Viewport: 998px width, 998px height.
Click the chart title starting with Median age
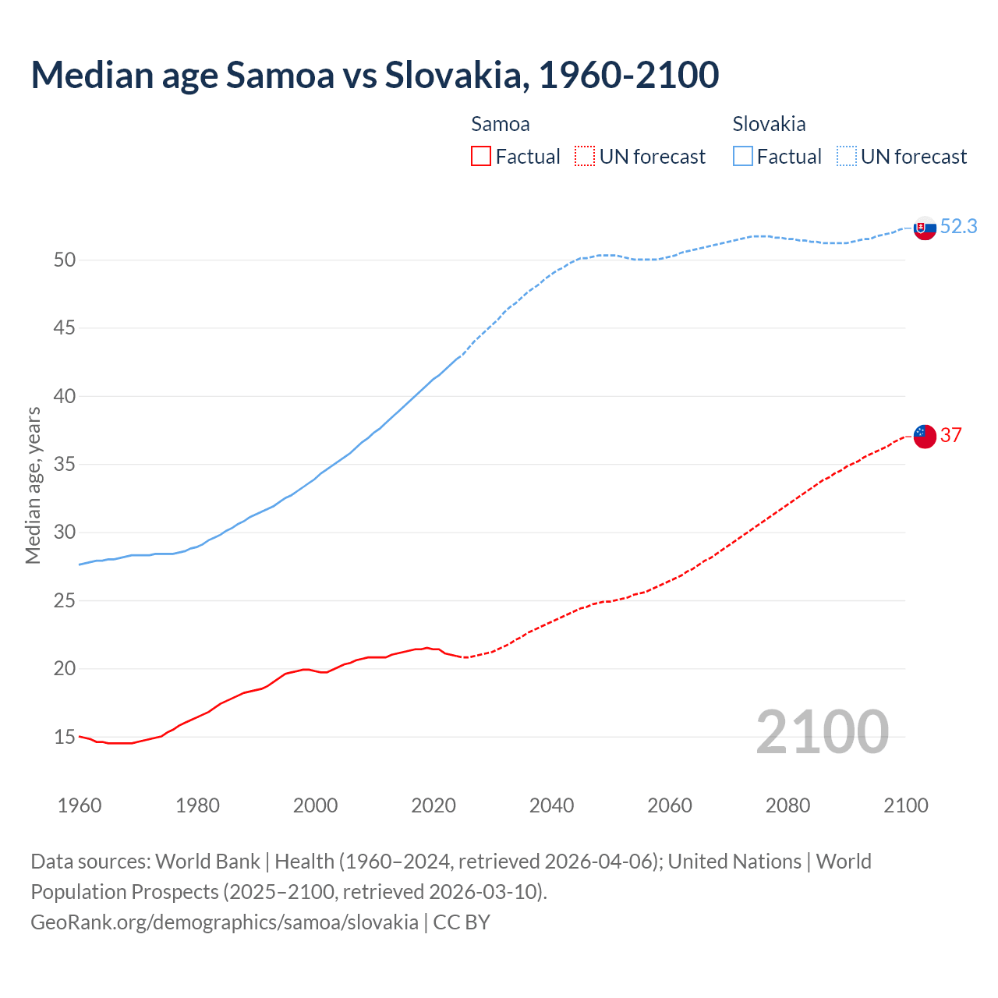[374, 75]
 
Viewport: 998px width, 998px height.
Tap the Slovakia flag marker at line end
[925, 228]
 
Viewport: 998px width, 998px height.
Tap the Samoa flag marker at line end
[925, 437]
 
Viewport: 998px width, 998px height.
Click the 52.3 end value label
[958, 227]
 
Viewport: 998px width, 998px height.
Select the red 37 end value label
[950, 435]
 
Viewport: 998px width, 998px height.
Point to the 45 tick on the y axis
[65, 328]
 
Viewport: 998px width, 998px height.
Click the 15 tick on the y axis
[65, 737]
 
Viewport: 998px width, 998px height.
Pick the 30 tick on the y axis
[65, 533]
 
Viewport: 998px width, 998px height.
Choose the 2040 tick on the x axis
[551, 805]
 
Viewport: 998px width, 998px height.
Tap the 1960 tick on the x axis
[80, 805]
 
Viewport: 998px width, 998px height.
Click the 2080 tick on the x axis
[787, 805]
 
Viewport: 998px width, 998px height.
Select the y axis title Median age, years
[33, 485]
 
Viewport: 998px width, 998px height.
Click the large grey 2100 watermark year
[822, 731]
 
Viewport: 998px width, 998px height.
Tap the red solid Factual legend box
[481, 157]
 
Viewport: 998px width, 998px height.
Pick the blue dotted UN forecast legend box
[847, 157]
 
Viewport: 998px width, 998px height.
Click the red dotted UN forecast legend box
[585, 157]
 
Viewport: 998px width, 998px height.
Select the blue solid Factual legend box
[743, 157]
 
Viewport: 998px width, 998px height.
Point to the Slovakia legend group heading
[769, 124]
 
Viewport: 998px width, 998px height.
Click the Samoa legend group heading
[501, 124]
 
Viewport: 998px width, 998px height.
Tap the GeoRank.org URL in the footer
[225, 922]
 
